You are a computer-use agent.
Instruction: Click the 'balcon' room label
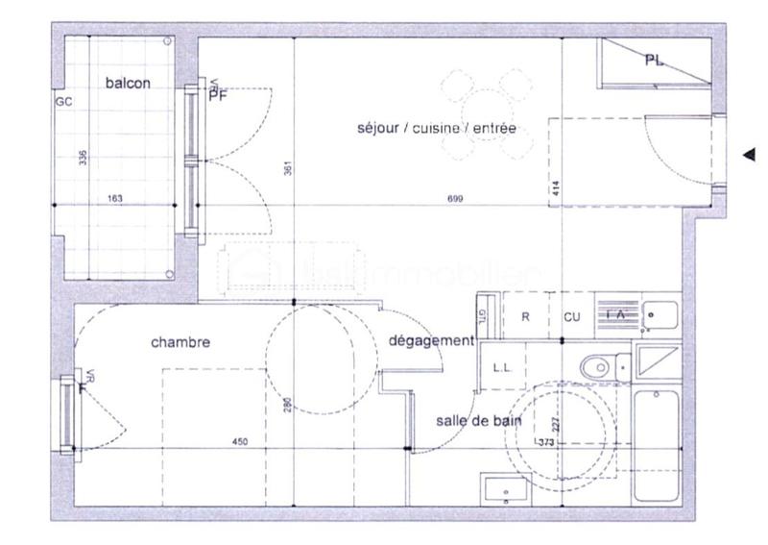[x=127, y=84]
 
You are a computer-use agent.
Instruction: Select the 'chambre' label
[x=180, y=342]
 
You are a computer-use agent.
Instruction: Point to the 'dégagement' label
[x=431, y=341]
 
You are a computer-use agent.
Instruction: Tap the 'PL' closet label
[x=654, y=61]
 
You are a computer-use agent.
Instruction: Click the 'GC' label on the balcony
[x=64, y=101]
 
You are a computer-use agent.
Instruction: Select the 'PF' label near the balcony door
[x=218, y=93]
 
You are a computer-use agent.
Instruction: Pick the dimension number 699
[x=456, y=199]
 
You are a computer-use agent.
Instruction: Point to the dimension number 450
[x=240, y=442]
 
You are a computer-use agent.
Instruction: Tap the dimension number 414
[x=556, y=188]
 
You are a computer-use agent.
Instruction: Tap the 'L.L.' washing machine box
[x=502, y=367]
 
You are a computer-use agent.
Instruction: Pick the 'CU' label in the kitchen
[x=572, y=316]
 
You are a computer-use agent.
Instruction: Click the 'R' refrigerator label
[x=526, y=316]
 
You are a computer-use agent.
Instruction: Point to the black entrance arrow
[x=750, y=154]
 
